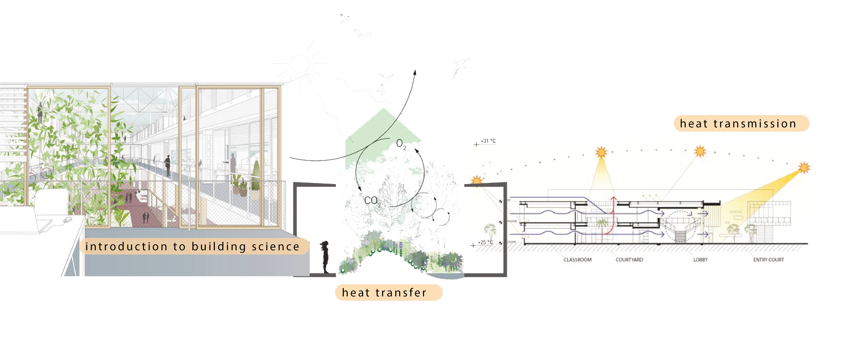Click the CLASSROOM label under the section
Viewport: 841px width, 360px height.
pyautogui.click(x=577, y=260)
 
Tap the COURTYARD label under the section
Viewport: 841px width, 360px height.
pyautogui.click(x=629, y=260)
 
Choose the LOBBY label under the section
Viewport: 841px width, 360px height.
pyautogui.click(x=700, y=260)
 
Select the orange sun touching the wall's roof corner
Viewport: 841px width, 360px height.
pyautogui.click(x=477, y=180)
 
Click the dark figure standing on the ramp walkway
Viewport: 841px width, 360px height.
pyautogui.click(x=167, y=165)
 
